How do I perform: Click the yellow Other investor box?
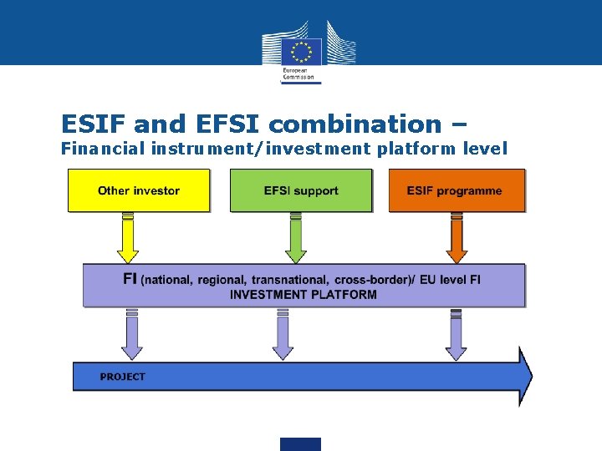138,190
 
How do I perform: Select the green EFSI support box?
300,190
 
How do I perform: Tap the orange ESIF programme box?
457,190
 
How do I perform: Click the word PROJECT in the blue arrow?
122,377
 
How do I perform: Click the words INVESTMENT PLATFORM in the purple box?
304,294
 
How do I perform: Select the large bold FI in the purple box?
130,278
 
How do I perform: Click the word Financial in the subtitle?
104,149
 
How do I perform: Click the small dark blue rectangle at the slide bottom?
300,443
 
